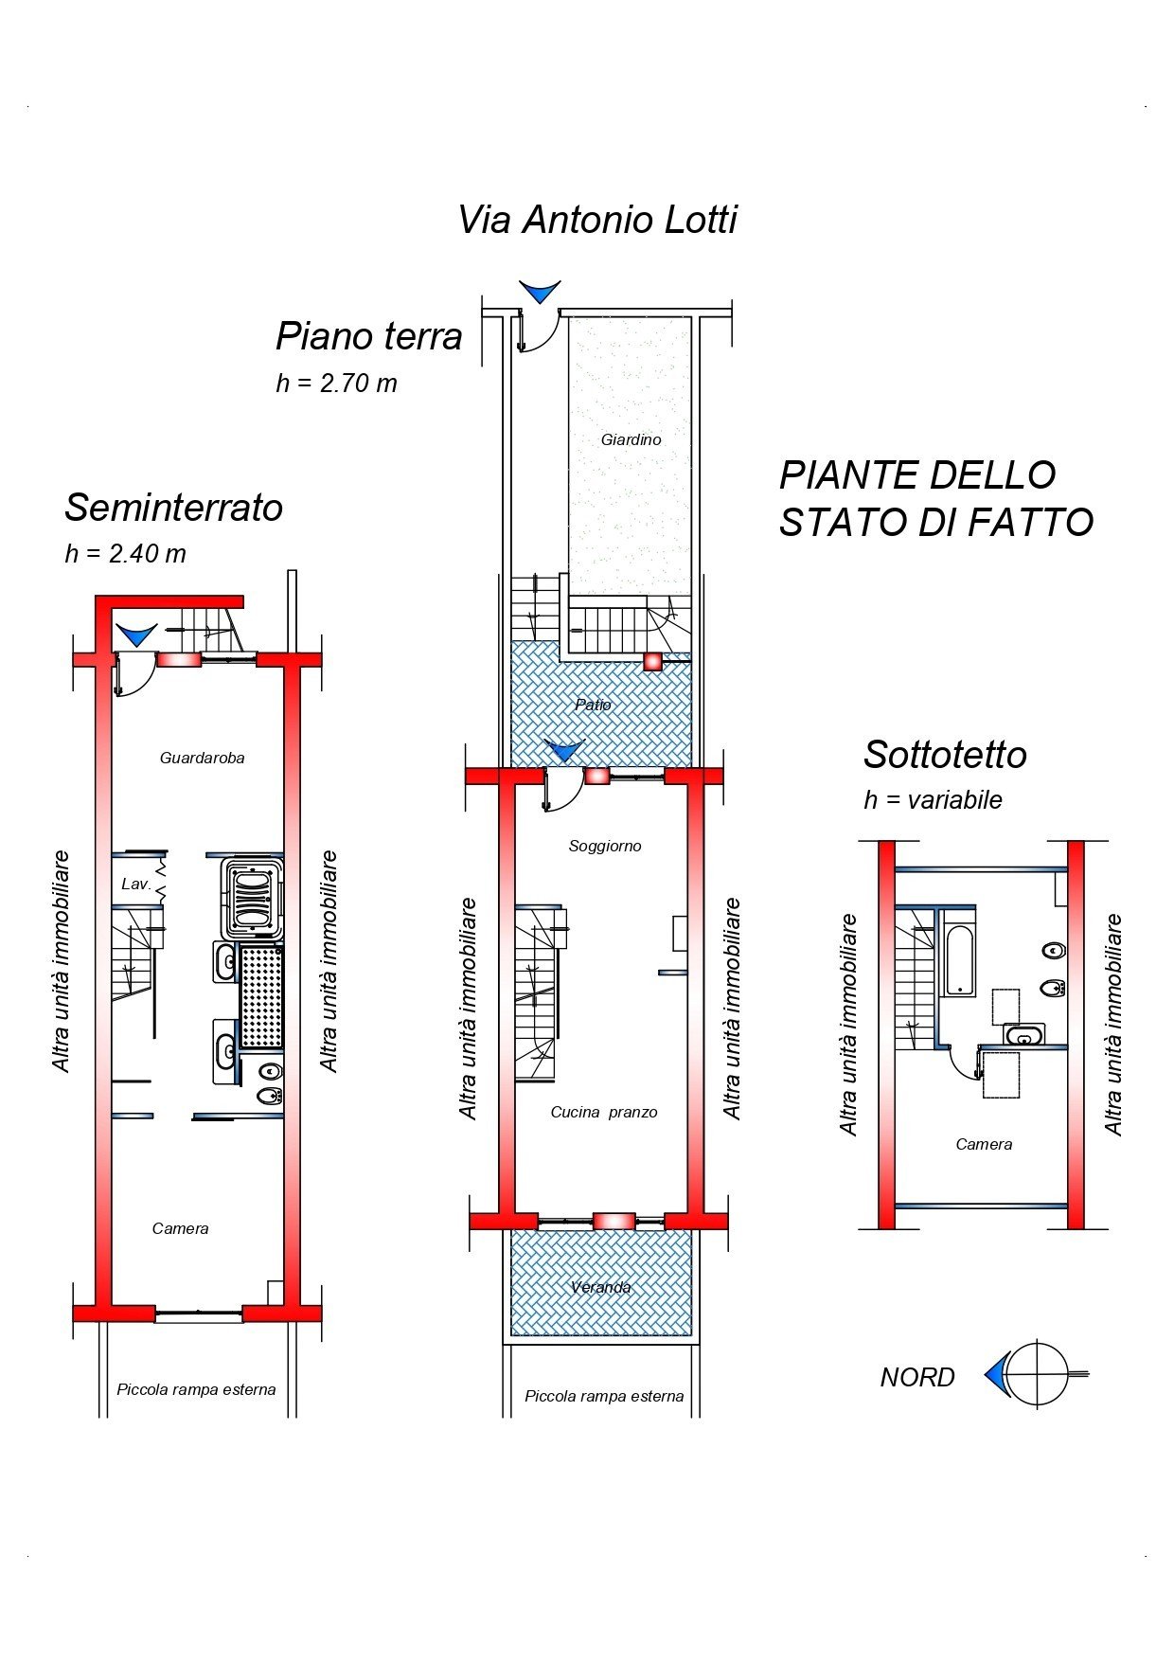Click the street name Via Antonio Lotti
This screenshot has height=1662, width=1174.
click(596, 220)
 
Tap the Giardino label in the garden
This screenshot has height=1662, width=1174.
click(631, 439)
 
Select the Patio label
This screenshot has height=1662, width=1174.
click(593, 705)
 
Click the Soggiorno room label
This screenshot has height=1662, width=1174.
click(605, 846)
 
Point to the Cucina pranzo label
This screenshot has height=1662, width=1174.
click(603, 1112)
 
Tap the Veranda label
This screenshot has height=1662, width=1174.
click(600, 1287)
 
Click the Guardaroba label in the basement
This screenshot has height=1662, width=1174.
click(202, 758)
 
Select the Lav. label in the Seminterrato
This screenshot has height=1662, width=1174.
click(135, 884)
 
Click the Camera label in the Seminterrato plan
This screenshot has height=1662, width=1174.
click(180, 1228)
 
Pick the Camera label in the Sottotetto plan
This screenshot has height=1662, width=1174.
click(984, 1144)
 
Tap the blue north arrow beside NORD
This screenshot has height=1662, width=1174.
click(995, 1373)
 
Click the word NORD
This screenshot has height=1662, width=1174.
click(916, 1377)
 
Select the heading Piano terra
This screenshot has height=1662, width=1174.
click(368, 336)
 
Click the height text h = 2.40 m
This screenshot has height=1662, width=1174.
click(125, 553)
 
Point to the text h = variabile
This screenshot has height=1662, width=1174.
click(933, 800)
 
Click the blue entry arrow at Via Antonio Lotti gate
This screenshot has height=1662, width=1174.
click(540, 291)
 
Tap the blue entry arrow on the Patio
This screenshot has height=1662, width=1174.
click(565, 751)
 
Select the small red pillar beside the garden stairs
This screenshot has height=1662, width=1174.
click(652, 662)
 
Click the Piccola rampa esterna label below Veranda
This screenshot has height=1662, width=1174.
click(604, 1396)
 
